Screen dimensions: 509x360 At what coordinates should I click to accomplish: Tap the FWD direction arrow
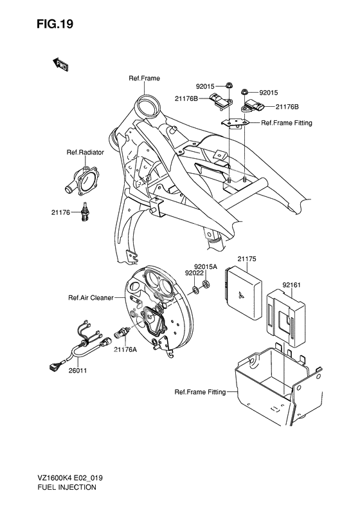coord(60,64)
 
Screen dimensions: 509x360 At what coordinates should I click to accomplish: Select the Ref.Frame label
coord(144,79)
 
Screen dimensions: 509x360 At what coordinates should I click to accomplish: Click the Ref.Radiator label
coord(81,153)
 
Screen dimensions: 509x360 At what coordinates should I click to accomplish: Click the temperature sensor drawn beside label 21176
coord(84,213)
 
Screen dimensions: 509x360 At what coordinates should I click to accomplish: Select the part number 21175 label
coord(247,259)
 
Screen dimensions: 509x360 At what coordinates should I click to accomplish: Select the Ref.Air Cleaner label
coord(91,298)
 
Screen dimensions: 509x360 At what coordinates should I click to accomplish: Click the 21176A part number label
coord(126,349)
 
